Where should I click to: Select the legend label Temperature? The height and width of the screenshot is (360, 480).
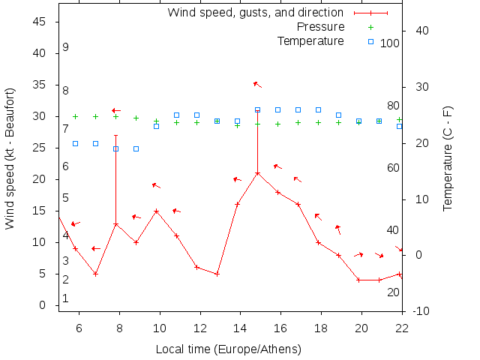point(310,40)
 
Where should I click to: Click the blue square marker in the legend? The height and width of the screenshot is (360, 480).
point(370,41)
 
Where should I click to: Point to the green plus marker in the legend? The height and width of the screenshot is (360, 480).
point(370,27)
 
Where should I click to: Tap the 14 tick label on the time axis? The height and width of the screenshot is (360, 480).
point(240,328)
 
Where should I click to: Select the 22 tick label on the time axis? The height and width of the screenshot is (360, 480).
point(402,328)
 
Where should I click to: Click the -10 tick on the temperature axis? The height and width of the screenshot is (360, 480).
point(420,311)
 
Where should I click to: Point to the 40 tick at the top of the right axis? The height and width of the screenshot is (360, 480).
point(421,31)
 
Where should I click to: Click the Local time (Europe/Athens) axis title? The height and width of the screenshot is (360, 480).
point(228,349)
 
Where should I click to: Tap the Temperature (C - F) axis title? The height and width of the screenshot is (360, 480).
point(448,159)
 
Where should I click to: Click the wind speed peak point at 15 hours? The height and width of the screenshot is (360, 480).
point(257,173)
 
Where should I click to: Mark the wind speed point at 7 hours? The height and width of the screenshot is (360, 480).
point(95,274)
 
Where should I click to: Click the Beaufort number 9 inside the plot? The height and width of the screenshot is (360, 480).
point(66,47)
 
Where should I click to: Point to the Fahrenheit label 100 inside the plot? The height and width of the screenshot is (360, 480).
point(390,43)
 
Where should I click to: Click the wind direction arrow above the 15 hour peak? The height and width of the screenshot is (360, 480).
point(257,84)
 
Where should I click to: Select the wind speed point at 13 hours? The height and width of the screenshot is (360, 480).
point(217,274)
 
